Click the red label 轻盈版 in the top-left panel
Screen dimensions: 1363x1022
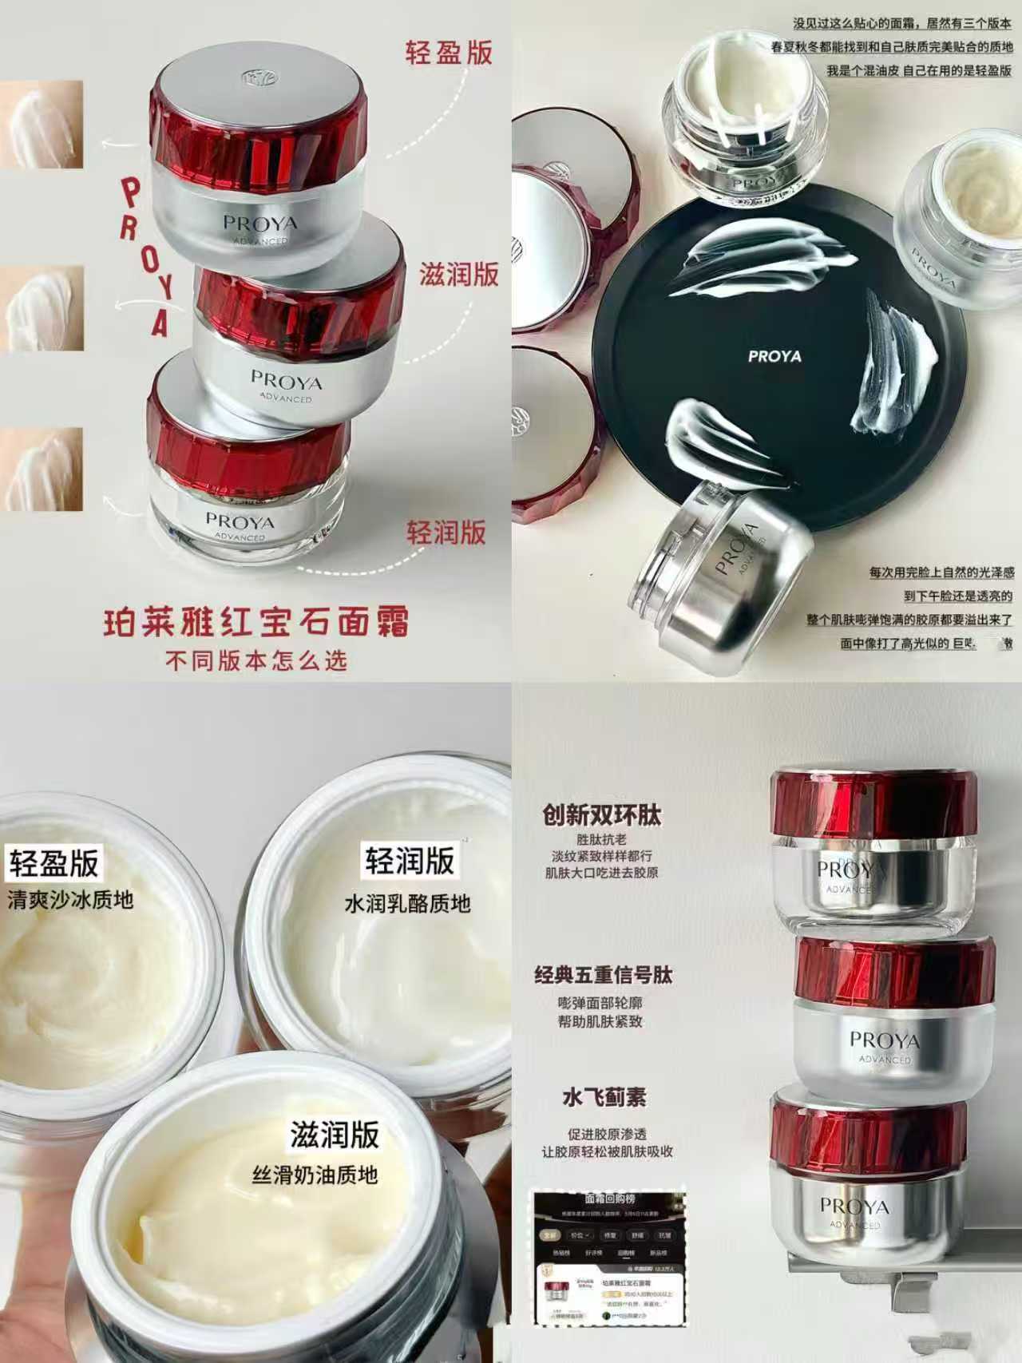pyautogui.click(x=449, y=53)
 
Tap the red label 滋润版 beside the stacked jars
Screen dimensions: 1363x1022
pyautogui.click(x=459, y=274)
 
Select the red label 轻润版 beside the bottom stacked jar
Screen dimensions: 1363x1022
pyautogui.click(x=446, y=533)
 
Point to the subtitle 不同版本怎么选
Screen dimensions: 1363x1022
pyautogui.click(x=256, y=661)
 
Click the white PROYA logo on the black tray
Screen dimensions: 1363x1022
pyautogui.click(x=774, y=357)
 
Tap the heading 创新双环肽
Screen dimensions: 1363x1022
pyautogui.click(x=602, y=815)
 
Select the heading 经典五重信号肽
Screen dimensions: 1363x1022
pyautogui.click(x=604, y=975)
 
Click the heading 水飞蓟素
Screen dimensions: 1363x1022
pyautogui.click(x=604, y=1098)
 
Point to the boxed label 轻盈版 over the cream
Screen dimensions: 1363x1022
pyautogui.click(x=54, y=863)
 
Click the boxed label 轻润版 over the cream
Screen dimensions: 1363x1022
pyautogui.click(x=409, y=861)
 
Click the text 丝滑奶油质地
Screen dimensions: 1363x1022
pyautogui.click(x=315, y=1175)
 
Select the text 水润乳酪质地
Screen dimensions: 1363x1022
pyautogui.click(x=407, y=904)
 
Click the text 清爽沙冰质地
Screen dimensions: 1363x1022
pyautogui.click(x=70, y=901)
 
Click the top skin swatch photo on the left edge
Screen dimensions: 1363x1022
pyautogui.click(x=41, y=125)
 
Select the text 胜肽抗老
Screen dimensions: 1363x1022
pyautogui.click(x=601, y=839)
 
